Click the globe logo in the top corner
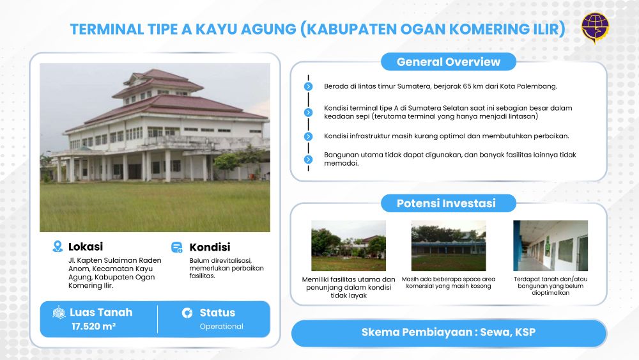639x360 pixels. click(595, 27)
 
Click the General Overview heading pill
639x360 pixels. click(449, 61)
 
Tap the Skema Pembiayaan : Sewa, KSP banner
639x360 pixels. click(449, 333)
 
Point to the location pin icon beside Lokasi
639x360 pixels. click(58, 246)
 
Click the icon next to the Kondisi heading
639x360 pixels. click(177, 247)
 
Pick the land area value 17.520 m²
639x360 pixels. click(94, 326)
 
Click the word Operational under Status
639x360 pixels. click(221, 326)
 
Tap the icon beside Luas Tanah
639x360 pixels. click(59, 313)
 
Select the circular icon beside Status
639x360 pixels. click(187, 313)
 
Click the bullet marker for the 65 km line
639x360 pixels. click(309, 86)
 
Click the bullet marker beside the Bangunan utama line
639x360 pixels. click(309, 159)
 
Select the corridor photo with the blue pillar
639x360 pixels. click(551, 246)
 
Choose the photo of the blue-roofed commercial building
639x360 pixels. click(449, 246)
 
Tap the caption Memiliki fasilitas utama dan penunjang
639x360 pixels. click(348, 283)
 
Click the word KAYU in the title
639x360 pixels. click(216, 29)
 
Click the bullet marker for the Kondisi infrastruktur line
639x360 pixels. click(309, 137)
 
